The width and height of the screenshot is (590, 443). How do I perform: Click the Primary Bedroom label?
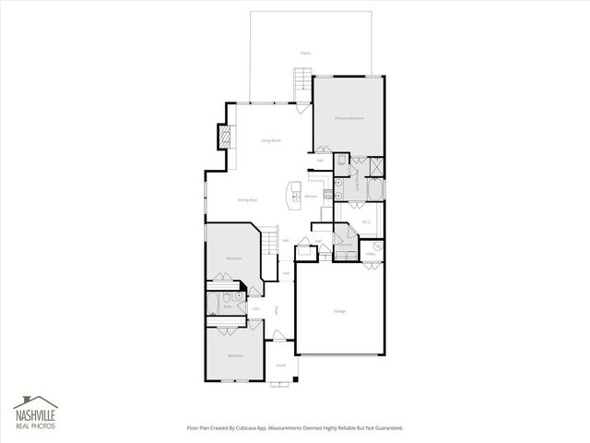(348, 119)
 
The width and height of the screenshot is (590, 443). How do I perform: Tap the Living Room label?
(270, 140)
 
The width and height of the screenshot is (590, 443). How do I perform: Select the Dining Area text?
(247, 199)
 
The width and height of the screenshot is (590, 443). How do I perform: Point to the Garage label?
(340, 311)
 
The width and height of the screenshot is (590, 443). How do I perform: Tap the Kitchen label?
(311, 197)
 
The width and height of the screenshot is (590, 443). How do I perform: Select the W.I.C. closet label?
(366, 221)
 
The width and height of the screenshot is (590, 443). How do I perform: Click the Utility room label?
(370, 254)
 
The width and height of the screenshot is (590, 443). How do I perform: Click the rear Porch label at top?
(305, 54)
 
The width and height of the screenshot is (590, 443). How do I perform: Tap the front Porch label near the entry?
(281, 365)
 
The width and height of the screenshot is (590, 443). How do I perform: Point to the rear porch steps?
(299, 89)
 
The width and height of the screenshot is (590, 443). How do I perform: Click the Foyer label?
(277, 310)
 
